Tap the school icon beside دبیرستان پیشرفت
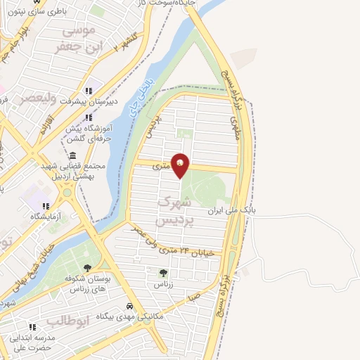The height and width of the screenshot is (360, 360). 88,91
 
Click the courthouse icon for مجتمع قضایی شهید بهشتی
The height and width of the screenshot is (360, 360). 73,155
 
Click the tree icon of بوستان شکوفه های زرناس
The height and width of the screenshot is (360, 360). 87,268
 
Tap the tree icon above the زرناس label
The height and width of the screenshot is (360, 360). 163,273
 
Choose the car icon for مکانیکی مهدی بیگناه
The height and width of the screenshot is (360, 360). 130,307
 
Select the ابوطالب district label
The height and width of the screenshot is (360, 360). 65,321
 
